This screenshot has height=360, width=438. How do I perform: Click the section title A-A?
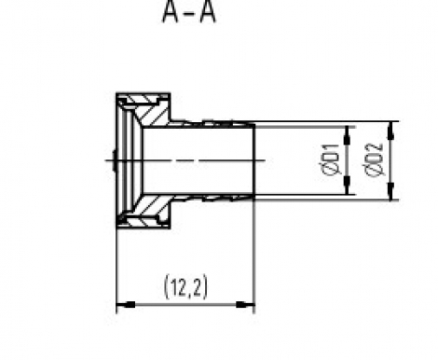(x=189, y=12)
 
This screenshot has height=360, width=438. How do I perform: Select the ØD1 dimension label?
(x=330, y=159)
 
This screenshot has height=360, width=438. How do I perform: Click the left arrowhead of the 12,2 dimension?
(x=125, y=305)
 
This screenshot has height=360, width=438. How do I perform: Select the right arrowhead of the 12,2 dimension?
(x=245, y=305)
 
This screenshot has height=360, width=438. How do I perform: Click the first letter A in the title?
(x=171, y=12)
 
